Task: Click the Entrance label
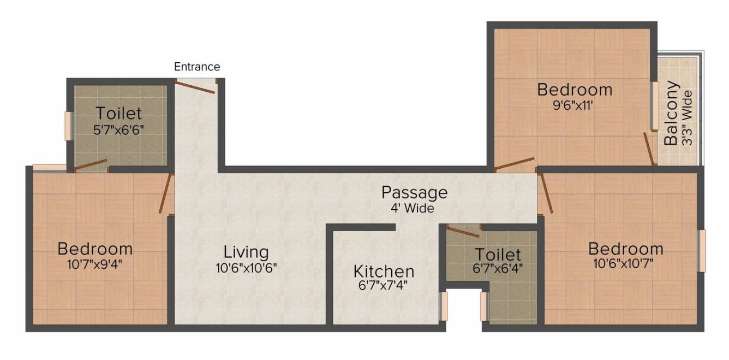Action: (197, 67)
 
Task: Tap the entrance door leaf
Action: (195, 87)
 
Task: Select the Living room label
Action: (246, 252)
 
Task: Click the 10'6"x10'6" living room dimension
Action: (246, 268)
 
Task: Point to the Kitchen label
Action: (384, 272)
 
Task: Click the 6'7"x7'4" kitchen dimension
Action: (383, 286)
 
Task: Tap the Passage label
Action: (414, 193)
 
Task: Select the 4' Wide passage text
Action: (413, 208)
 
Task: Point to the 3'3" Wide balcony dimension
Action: (687, 118)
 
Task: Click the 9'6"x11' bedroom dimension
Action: (573, 105)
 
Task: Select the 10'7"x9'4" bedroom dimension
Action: (94, 264)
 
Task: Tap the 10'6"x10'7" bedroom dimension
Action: (623, 263)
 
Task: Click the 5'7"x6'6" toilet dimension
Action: (118, 131)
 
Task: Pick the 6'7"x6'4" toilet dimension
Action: (498, 268)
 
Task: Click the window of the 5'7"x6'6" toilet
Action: (68, 126)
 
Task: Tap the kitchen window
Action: (444, 306)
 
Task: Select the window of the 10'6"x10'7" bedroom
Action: (702, 251)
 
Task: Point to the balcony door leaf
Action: (649, 149)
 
